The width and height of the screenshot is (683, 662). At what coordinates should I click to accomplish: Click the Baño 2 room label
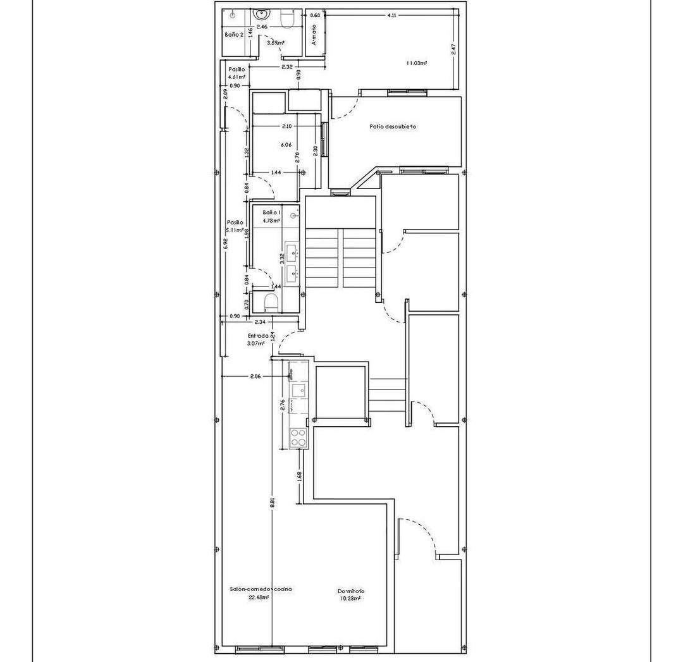tap(234, 34)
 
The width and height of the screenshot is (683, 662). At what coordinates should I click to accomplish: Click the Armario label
tap(314, 35)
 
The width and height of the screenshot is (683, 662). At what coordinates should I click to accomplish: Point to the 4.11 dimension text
tap(391, 15)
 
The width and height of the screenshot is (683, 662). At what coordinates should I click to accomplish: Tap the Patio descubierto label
tap(393, 126)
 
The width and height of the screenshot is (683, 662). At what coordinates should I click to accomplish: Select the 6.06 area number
tap(286, 145)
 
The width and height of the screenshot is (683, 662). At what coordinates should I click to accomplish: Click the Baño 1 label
tap(272, 212)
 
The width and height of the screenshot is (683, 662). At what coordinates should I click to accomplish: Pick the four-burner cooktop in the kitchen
tap(297, 436)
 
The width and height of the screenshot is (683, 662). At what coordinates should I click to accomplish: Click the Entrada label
tap(258, 336)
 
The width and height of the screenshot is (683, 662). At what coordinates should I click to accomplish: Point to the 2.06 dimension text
tap(255, 376)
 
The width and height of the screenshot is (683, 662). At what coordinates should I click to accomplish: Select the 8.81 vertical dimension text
tap(272, 501)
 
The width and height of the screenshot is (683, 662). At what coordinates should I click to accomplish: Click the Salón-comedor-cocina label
tap(261, 589)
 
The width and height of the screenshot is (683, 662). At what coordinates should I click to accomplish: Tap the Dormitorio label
tap(350, 591)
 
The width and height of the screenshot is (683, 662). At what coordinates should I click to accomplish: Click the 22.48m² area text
tap(259, 596)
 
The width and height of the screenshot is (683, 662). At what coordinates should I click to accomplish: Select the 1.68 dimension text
tap(299, 476)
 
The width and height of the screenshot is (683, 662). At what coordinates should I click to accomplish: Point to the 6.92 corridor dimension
tap(226, 244)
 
